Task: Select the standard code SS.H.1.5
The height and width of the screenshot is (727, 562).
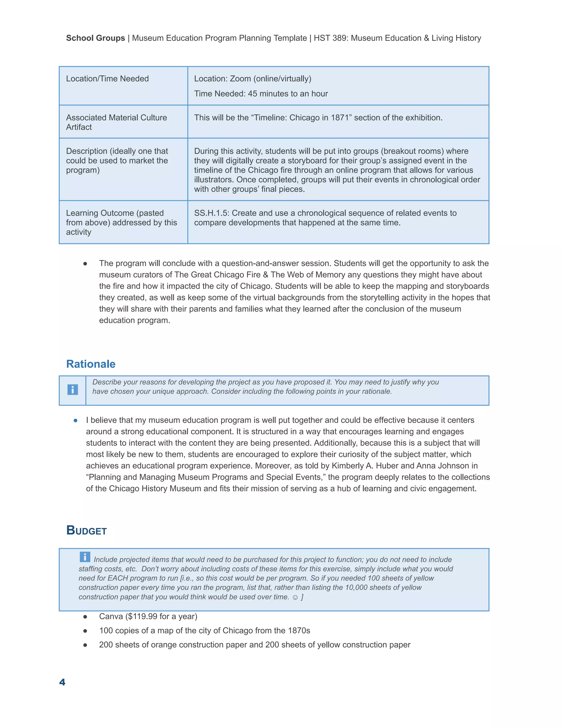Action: pyautogui.click(x=211, y=213)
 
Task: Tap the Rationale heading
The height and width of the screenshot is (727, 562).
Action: pyautogui.click(x=91, y=364)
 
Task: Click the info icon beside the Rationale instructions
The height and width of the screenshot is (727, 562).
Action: pyautogui.click(x=72, y=390)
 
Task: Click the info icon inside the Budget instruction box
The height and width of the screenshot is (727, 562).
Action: pyautogui.click(x=85, y=557)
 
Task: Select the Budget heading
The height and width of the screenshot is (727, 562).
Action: pyautogui.click(x=86, y=530)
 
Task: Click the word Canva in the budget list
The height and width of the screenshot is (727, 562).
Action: pyautogui.click(x=111, y=616)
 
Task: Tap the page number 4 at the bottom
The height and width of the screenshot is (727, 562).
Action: pyautogui.click(x=62, y=682)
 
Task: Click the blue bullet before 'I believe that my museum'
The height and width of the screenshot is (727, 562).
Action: pyautogui.click(x=75, y=420)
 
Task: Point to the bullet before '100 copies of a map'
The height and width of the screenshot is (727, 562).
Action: pyautogui.click(x=85, y=631)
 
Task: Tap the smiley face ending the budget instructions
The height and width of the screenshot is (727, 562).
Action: pyautogui.click(x=295, y=597)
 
